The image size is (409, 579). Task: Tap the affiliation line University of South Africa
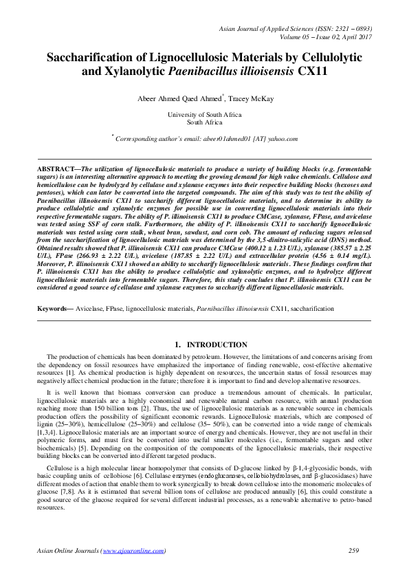pos(204,115)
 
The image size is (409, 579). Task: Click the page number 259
pos(355,551)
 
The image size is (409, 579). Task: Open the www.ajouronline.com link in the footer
pos(133,551)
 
